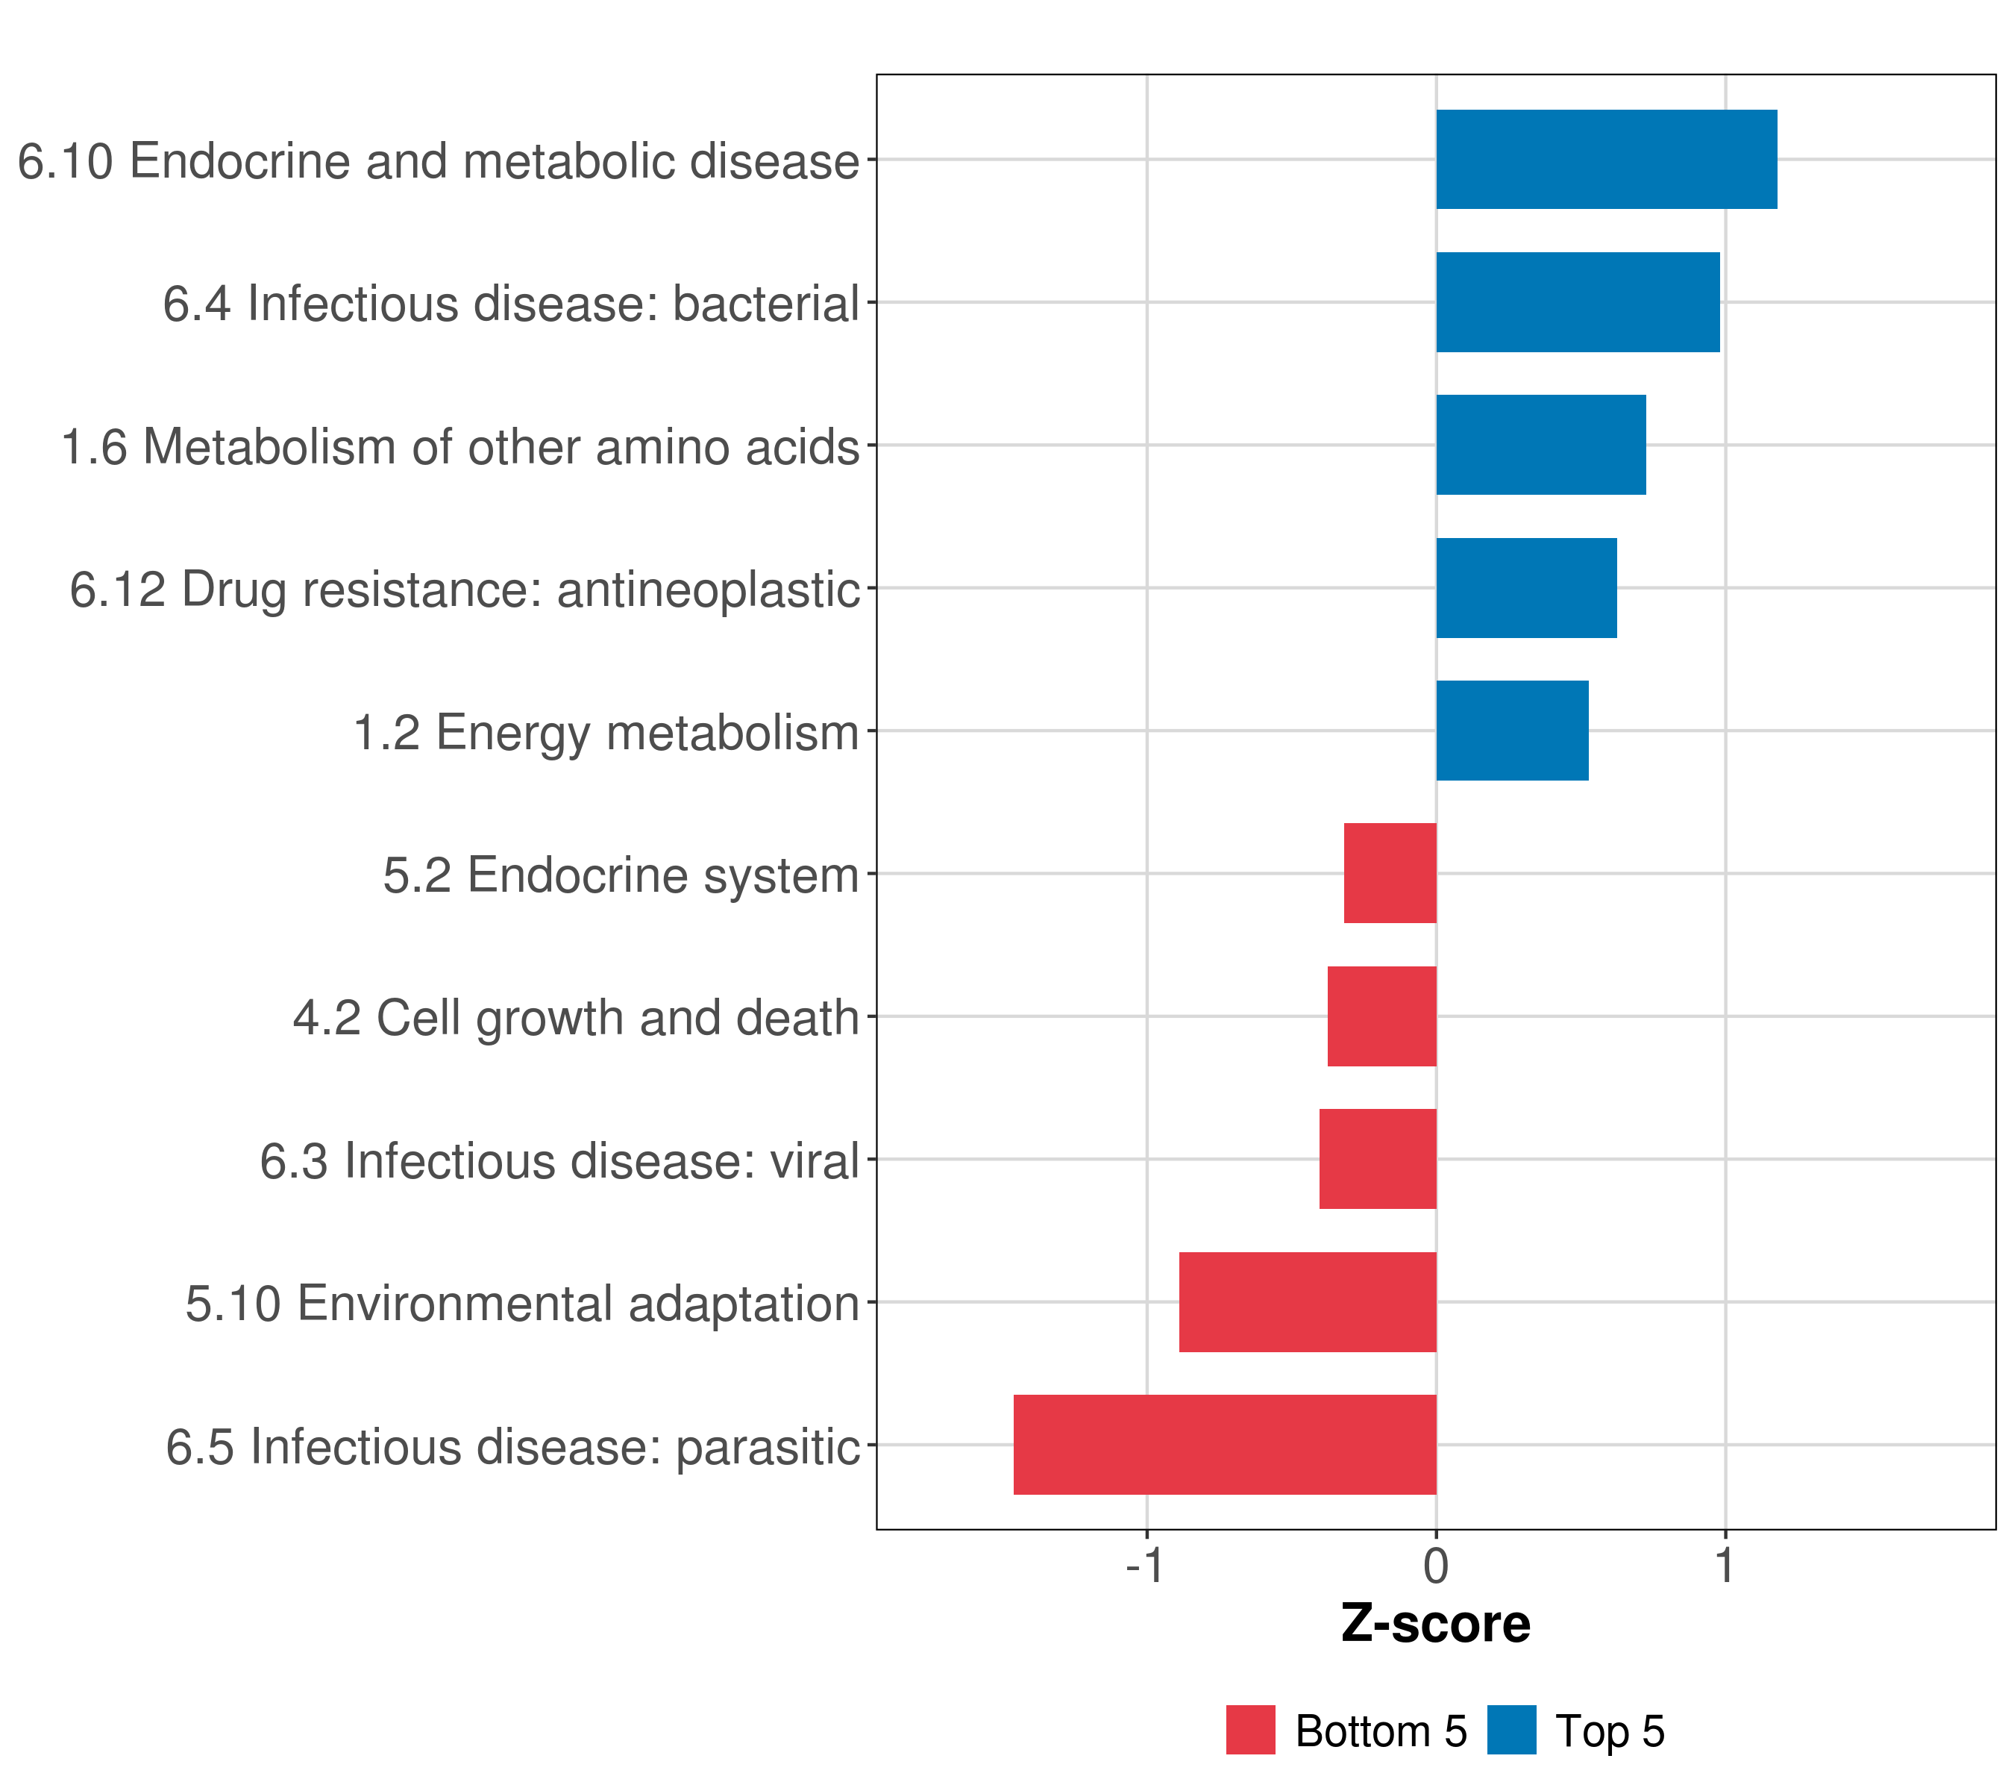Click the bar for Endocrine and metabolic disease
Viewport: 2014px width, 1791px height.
[x=1606, y=160]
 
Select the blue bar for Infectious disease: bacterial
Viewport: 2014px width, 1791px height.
[x=1578, y=303]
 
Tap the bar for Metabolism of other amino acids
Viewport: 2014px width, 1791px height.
[x=1541, y=445]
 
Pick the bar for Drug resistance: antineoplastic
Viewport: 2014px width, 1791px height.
[x=1526, y=589]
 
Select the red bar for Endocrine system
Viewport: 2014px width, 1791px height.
[x=1390, y=873]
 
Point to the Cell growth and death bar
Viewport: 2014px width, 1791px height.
[x=1381, y=1016]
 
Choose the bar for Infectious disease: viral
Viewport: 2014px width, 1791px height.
[x=1378, y=1159]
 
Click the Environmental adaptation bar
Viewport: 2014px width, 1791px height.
[x=1308, y=1302]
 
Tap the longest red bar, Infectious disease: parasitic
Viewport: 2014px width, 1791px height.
[x=1225, y=1445]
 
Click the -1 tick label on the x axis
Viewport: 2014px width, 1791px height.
[x=1145, y=1566]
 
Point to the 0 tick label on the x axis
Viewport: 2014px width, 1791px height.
[x=1436, y=1566]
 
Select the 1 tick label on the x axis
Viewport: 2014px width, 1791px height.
[x=1725, y=1566]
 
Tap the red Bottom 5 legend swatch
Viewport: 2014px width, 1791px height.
[x=1250, y=1730]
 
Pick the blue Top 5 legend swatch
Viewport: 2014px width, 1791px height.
[x=1511, y=1730]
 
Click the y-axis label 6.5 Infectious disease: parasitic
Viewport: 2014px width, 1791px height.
[x=512, y=1447]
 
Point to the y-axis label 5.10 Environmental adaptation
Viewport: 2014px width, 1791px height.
[x=522, y=1304]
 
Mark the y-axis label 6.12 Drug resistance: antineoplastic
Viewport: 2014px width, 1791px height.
[x=465, y=590]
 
